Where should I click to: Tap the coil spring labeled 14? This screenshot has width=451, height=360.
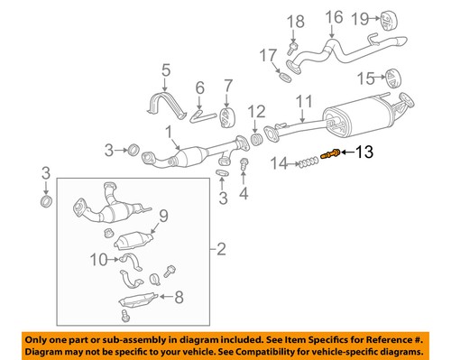(x=309, y=162)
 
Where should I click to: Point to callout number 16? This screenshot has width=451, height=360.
(x=335, y=17)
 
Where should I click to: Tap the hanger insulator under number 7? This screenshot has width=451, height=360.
(x=227, y=118)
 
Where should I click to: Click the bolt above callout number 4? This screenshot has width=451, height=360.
(x=244, y=164)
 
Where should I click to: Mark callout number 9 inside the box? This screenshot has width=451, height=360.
(x=164, y=215)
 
